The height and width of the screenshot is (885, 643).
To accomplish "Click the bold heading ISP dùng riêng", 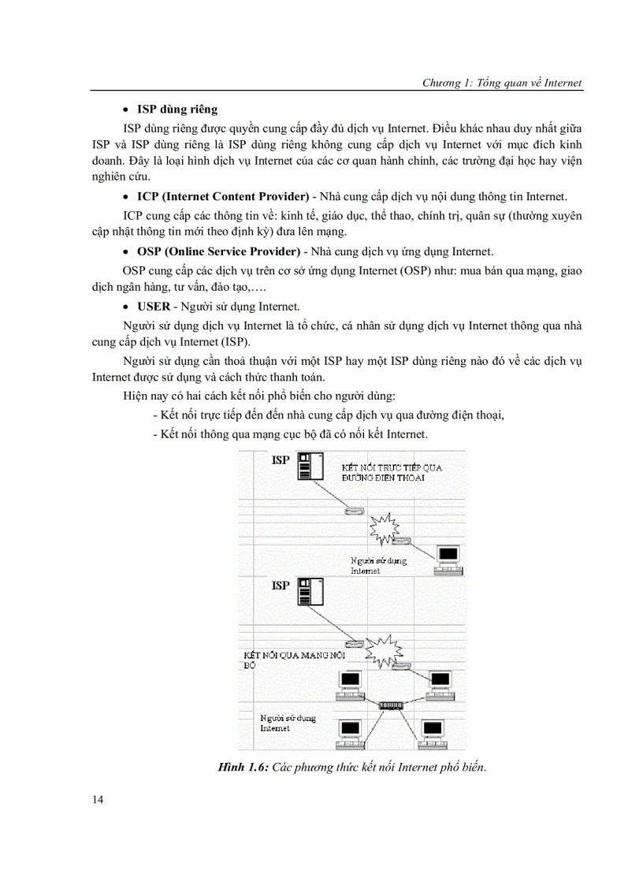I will pos(177,109).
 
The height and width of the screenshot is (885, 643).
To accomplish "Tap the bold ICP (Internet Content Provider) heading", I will pos(222,196).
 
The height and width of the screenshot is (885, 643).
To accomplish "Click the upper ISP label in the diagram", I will pos(281,459).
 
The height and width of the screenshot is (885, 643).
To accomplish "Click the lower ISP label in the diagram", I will pos(281,586).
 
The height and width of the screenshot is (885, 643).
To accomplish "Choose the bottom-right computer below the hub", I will pos(433,734).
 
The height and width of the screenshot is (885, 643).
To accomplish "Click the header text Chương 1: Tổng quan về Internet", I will pos(502,83).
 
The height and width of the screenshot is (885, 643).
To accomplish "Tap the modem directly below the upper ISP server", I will pos(354,511).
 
